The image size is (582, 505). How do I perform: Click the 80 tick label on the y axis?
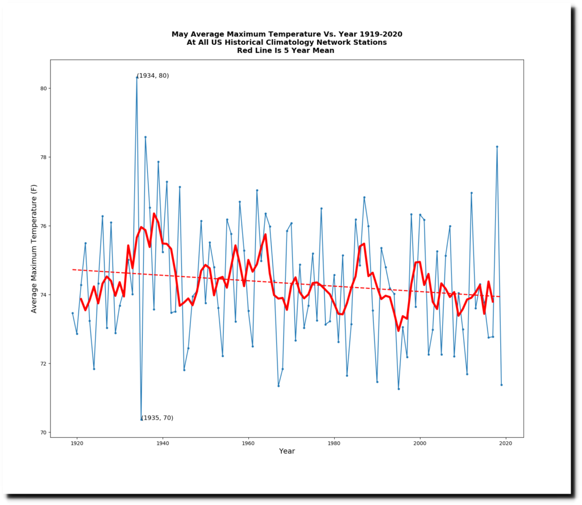click(x=43, y=89)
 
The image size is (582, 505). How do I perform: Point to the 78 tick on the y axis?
click(x=43, y=158)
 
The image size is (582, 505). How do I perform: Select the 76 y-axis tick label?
click(x=43, y=226)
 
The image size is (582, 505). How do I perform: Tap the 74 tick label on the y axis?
click(x=43, y=295)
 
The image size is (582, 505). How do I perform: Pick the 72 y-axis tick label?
click(x=43, y=364)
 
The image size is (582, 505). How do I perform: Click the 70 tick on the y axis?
click(x=43, y=433)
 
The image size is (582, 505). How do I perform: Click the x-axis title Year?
click(x=287, y=452)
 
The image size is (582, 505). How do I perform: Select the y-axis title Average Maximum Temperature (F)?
click(x=34, y=249)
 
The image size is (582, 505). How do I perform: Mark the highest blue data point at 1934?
click(x=137, y=77)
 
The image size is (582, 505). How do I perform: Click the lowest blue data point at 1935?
click(x=142, y=420)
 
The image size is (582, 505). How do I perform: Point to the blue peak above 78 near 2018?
click(x=497, y=147)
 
